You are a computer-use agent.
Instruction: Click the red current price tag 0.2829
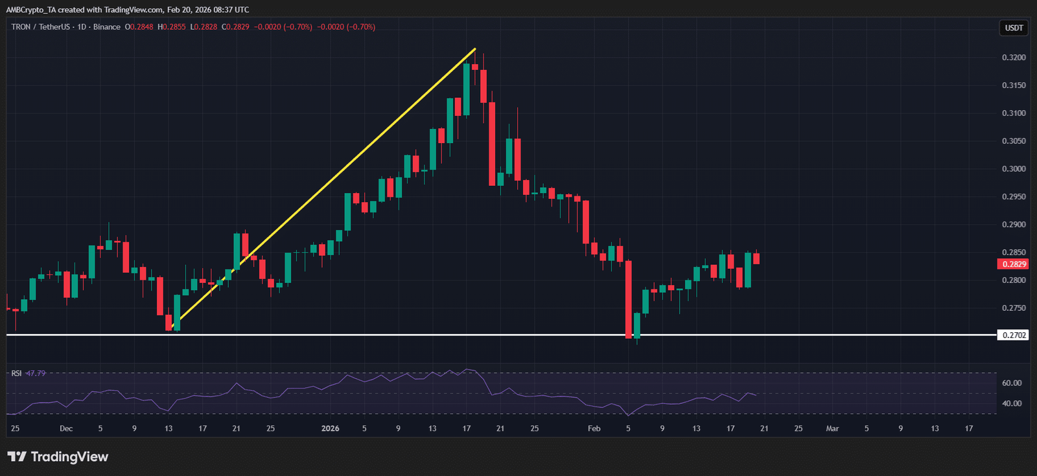pos(1014,264)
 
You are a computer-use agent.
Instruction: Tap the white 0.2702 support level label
pos(1014,335)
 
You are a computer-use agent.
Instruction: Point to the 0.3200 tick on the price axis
pos(1014,58)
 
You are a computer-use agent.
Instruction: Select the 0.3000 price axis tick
pos(1014,169)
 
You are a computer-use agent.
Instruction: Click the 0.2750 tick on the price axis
pos(1014,308)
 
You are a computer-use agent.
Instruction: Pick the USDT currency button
pos(1014,28)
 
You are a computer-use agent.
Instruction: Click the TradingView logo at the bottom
pos(58,457)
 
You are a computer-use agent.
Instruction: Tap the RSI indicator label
pos(16,374)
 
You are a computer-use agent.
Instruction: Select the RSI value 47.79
pos(36,374)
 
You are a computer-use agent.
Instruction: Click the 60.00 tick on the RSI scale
pos(1011,383)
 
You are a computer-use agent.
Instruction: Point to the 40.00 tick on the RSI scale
pos(1011,403)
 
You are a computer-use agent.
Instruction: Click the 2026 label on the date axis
pos(330,429)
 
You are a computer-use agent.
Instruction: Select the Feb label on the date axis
pos(594,429)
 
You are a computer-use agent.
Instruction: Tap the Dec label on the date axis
pos(66,429)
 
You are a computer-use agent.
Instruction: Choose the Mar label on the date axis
pos(832,429)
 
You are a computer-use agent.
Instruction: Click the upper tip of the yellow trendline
pos(475,49)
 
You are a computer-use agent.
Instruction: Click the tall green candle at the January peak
pos(466,89)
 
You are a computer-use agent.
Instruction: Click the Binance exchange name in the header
pos(106,27)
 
